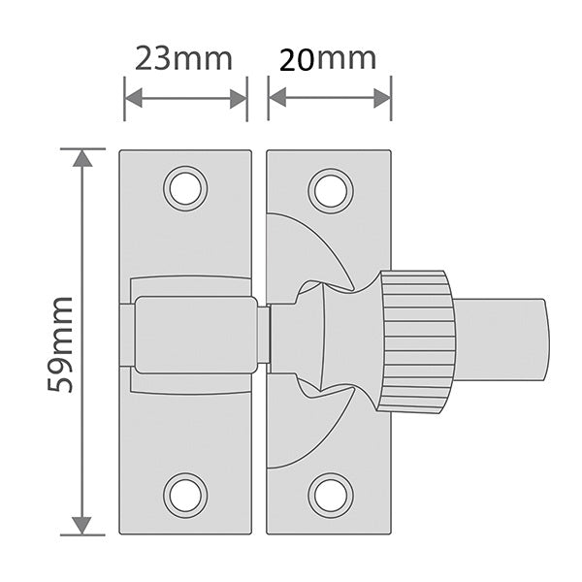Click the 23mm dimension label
pyautogui.click(x=183, y=58)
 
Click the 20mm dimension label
pyautogui.click(x=328, y=58)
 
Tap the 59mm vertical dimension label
pyautogui.click(x=59, y=344)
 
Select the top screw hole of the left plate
pyautogui.click(x=185, y=188)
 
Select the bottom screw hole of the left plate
pyautogui.click(x=185, y=496)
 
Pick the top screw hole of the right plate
pyautogui.click(x=331, y=191)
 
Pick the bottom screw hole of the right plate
pyautogui.click(x=331, y=496)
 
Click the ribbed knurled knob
pyautogui.click(x=417, y=341)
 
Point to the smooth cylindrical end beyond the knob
pyautogui.click(x=501, y=339)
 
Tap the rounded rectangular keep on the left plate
pyautogui.click(x=196, y=335)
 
